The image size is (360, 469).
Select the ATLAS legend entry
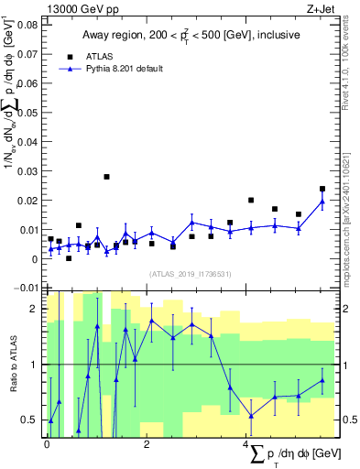99,55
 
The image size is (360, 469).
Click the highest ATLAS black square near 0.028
106,177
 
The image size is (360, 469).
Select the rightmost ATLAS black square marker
322,189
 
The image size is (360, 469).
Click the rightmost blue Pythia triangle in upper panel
322,202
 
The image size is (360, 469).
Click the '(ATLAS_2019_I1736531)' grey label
188,273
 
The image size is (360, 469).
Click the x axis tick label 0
48,443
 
